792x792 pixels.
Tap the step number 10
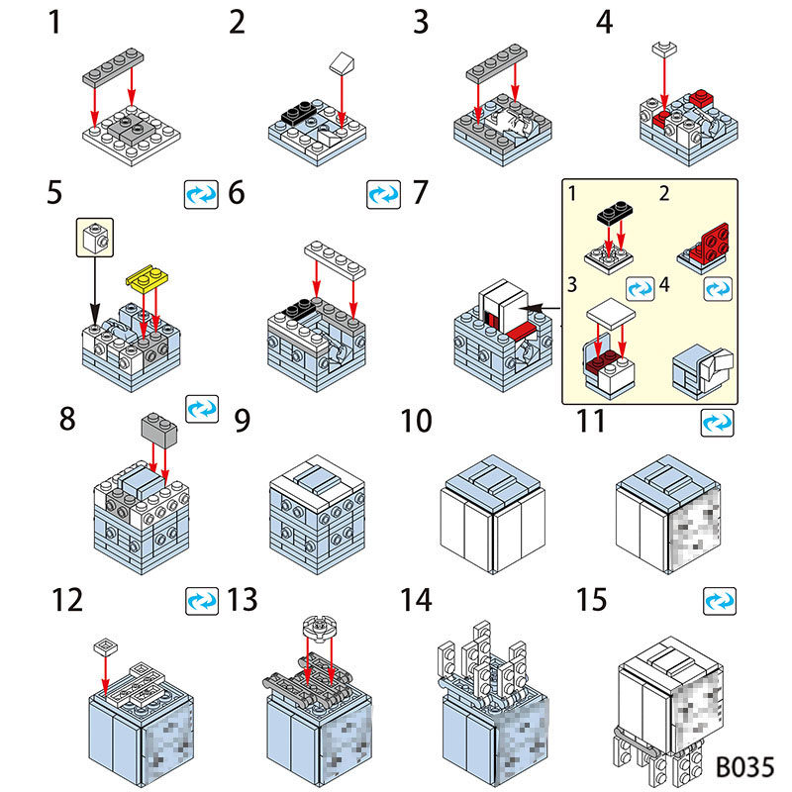coord(416,421)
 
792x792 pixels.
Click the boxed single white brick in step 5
coord(94,239)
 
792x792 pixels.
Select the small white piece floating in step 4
coord(663,46)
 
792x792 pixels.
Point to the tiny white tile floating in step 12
coord(104,646)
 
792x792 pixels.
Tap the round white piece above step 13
coord(315,630)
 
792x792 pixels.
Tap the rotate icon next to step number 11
coord(715,423)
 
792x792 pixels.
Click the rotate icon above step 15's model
coord(719,600)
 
